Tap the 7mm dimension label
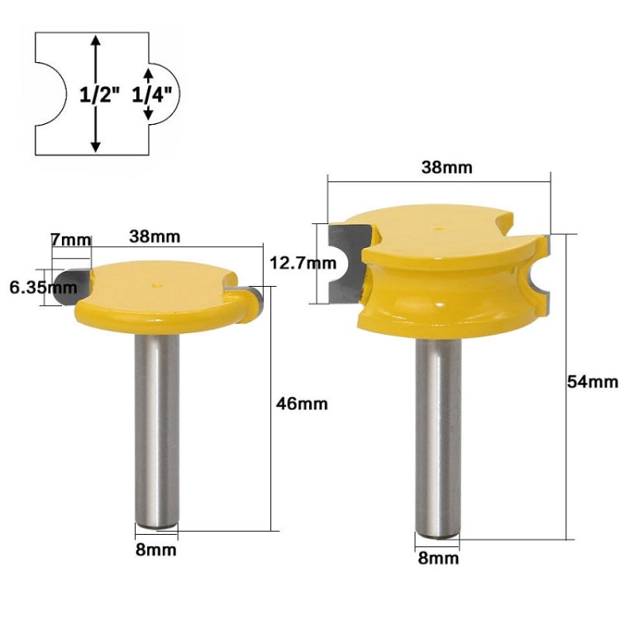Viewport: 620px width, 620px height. [x=70, y=240]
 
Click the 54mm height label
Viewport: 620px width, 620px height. [x=592, y=381]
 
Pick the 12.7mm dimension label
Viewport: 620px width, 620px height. [x=303, y=265]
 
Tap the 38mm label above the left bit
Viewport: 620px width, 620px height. [x=155, y=236]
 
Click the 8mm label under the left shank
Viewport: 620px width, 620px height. [x=156, y=548]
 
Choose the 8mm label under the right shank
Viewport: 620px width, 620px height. [x=438, y=558]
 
